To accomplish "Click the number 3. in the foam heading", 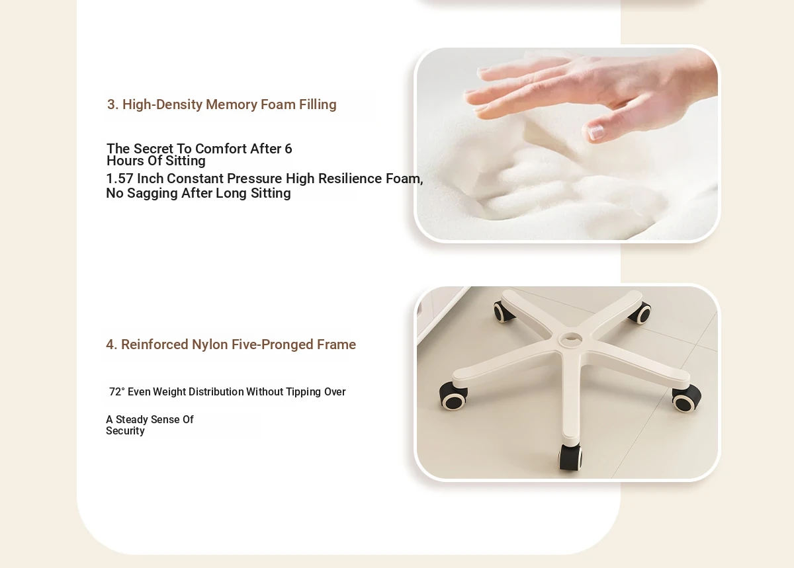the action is [112, 104].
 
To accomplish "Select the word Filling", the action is [318, 105].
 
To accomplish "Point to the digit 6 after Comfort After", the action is [288, 149].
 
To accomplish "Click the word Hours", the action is [125, 161].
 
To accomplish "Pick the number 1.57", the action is [120, 179].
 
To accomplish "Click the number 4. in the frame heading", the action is [111, 345].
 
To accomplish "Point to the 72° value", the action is [117, 391].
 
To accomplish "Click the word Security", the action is [125, 431].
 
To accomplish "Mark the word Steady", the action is [132, 420].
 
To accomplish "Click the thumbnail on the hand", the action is [595, 132].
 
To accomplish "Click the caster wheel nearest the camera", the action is [570, 457].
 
